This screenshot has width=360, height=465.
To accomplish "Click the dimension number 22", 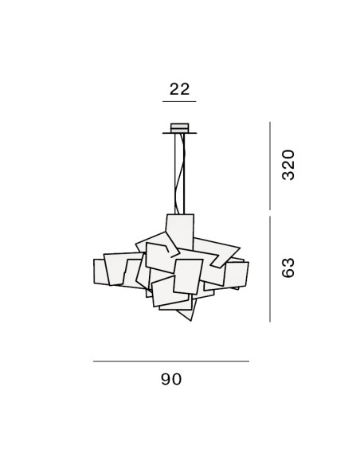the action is pyautogui.click(x=179, y=89).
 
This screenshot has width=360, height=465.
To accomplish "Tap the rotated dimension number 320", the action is pyautogui.click(x=288, y=165).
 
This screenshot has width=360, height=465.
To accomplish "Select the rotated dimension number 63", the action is pyautogui.click(x=288, y=268).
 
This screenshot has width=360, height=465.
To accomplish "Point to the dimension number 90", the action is pyautogui.click(x=171, y=379).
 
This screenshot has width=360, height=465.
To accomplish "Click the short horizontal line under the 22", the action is pyautogui.click(x=179, y=101).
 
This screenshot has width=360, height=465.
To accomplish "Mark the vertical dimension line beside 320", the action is pyautogui.click(x=270, y=166).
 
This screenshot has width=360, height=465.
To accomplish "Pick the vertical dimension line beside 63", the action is pyautogui.click(x=270, y=269).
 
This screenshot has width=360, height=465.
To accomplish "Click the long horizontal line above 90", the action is pyautogui.click(x=171, y=361).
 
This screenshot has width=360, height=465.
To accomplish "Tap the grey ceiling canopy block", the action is pyautogui.click(x=179, y=128).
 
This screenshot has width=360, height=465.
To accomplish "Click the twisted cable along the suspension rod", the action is pyautogui.click(x=181, y=174).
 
